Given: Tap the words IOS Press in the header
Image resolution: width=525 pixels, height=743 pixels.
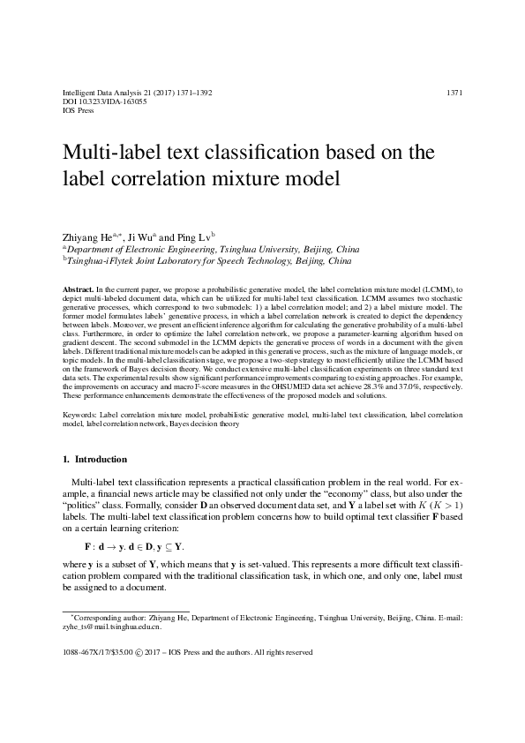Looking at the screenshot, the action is (x=79, y=112).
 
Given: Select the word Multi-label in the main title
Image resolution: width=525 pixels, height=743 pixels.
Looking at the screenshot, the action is (x=116, y=154).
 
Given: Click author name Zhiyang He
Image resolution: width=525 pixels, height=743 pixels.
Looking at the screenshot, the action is (x=94, y=236).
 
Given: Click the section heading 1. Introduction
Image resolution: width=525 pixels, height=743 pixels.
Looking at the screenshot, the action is (x=95, y=460).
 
